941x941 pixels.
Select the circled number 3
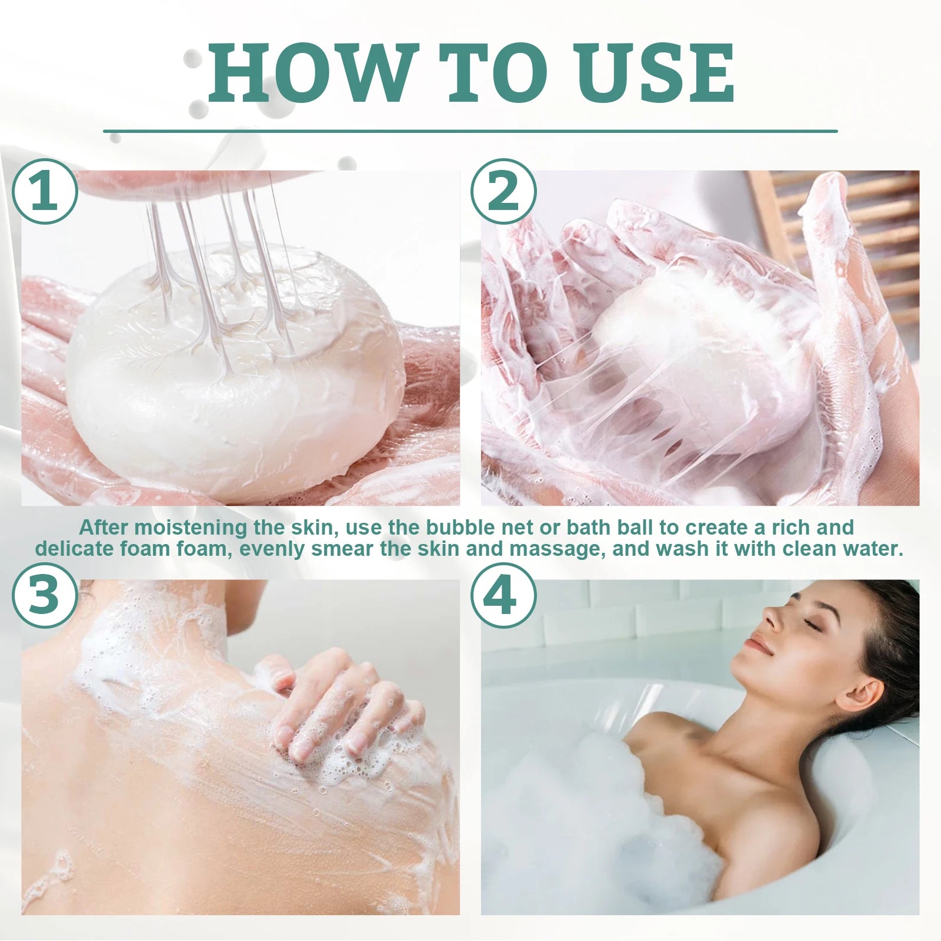coord(45,595)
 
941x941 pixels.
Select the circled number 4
coord(503,595)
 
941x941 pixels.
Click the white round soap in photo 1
coord(235,376)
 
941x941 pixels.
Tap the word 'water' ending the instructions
coord(869,550)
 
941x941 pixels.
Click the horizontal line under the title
coord(470,131)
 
